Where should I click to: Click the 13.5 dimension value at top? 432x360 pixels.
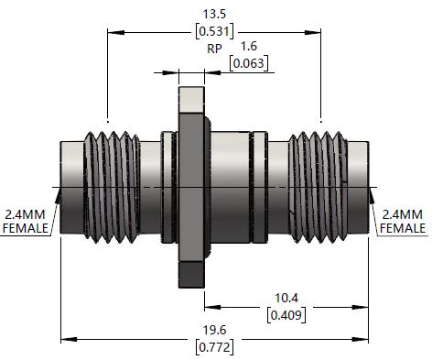coord(214,14)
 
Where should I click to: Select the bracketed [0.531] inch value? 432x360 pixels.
coord(214,31)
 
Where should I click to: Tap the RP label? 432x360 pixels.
coord(214,49)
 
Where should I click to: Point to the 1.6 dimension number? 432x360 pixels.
coord(249,46)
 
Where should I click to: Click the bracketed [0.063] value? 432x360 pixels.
coord(249,63)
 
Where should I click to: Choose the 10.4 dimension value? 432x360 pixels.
coord(286,298)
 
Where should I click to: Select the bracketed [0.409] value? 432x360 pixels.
coord(286,314)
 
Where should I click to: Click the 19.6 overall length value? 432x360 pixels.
coord(214,330)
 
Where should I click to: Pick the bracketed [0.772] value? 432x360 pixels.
coord(214,347)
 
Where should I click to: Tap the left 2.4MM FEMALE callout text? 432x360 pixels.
coord(26,222)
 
